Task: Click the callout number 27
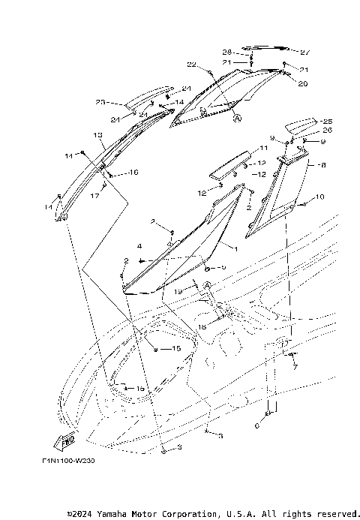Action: (x=305, y=53)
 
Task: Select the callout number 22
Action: (x=191, y=65)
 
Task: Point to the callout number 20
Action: (x=302, y=84)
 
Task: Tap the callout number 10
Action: (x=321, y=197)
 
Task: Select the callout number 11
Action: (x=263, y=149)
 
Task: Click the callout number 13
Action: (x=97, y=135)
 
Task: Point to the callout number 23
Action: (x=100, y=103)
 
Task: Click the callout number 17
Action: (x=94, y=197)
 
